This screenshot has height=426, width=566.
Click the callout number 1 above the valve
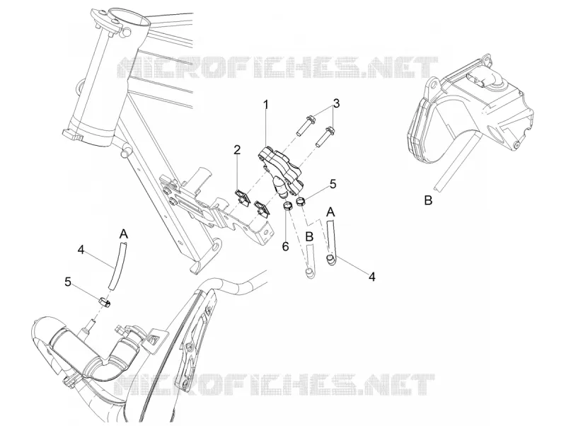click(x=266, y=105)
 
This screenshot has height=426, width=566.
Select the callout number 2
click(x=237, y=150)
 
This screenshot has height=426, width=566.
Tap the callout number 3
click(x=336, y=103)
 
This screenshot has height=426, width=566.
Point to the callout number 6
click(x=286, y=246)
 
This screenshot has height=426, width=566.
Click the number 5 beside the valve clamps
click(x=333, y=184)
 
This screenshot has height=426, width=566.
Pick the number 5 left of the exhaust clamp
click(x=68, y=282)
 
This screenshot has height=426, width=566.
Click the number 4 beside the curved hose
click(x=81, y=250)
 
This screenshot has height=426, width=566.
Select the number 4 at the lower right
click(x=372, y=277)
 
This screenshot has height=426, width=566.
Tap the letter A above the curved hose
click(x=123, y=235)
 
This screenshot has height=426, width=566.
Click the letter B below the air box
click(x=428, y=200)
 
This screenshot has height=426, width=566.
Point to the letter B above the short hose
click(x=309, y=236)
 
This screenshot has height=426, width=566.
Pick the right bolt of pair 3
click(x=325, y=137)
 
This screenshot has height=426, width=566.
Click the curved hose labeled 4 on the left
click(x=118, y=265)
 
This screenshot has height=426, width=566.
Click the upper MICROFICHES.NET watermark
click(x=278, y=67)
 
